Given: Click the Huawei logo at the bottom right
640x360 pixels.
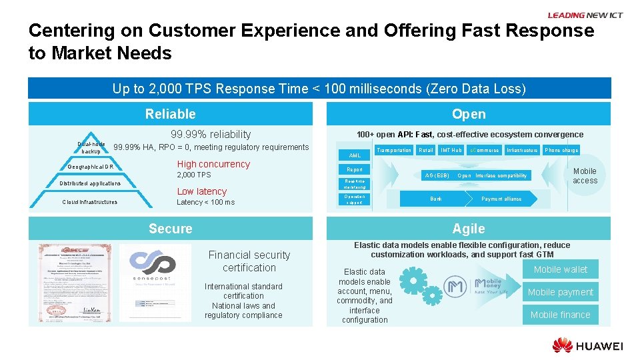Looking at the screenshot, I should tap(587, 345).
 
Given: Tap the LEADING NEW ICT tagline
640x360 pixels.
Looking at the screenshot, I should tap(585, 15).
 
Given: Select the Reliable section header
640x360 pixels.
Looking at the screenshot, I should tap(170, 114).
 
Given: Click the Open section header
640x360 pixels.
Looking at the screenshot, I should tap(469, 114).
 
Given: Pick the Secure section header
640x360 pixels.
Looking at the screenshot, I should tap(170, 229).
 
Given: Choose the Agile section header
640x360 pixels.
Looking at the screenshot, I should tap(469, 229).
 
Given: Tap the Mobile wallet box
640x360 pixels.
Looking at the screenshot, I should tap(560, 269).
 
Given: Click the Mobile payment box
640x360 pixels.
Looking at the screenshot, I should tap(560, 292).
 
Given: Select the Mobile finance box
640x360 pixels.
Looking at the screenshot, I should tap(560, 315).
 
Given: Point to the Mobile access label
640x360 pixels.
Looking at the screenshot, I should tap(585, 176).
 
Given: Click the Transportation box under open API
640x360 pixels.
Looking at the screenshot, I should tap(394, 151).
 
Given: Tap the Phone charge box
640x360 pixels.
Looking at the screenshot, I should tap(561, 151).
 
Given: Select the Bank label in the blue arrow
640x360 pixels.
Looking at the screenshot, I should tap(436, 199).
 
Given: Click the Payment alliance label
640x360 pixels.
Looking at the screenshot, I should tap(501, 199).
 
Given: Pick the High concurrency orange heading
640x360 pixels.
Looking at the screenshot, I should tap(213, 164).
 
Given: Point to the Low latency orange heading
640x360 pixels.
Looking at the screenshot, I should tap(201, 191).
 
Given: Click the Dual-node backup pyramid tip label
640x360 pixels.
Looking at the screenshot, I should tap(91, 147).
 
